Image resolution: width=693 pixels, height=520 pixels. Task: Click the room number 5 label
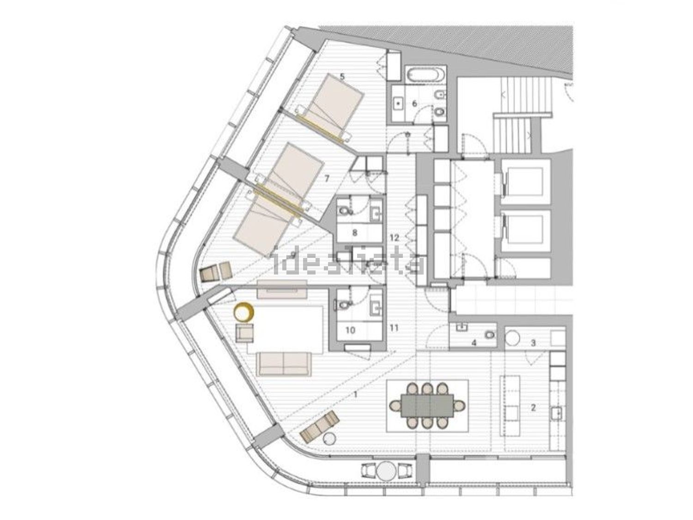pos(342,76)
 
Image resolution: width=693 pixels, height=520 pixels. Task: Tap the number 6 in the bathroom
pos(414,104)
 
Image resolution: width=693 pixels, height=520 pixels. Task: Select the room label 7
pos(327,177)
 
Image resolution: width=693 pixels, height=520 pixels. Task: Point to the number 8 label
pos(355,233)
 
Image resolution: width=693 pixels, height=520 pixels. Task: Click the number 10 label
pos(350,330)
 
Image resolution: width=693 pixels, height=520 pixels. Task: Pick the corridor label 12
pos(394,238)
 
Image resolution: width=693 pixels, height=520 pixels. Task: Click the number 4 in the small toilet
pos(474,343)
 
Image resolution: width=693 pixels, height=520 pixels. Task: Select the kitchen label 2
pos(534,408)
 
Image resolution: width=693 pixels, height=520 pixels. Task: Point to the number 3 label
pos(533,343)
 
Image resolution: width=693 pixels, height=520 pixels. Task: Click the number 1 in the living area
pos(355,395)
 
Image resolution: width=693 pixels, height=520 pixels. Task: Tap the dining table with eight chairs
pos(427,405)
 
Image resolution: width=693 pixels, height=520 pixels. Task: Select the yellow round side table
pos(243,313)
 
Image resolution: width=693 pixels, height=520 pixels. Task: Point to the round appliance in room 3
pos(513,336)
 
